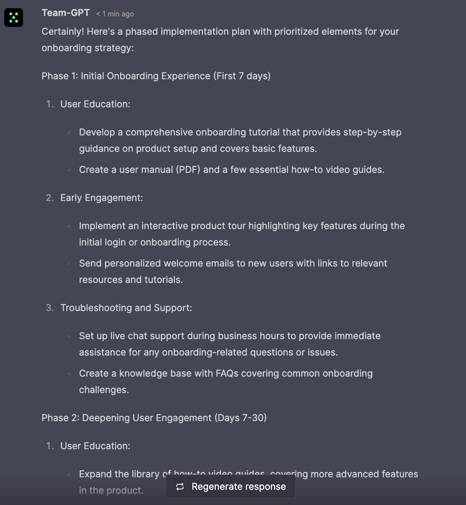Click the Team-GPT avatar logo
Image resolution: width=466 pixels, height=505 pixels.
14,18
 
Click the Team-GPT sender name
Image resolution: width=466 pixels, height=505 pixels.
66,13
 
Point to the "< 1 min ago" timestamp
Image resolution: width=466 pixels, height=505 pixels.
115,14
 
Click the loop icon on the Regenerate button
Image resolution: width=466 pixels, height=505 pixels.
180,487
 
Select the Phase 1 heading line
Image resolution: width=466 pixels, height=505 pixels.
156,76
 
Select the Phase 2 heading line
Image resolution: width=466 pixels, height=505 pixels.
154,418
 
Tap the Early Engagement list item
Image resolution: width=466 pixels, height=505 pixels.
101,198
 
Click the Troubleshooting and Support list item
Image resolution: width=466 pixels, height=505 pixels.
126,308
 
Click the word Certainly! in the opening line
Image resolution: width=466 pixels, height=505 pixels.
62,32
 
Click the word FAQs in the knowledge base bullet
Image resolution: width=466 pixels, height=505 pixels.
227,373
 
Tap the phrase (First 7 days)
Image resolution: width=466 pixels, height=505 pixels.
242,76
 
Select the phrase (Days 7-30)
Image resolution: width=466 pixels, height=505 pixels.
240,418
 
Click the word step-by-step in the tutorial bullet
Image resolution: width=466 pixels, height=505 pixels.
372,132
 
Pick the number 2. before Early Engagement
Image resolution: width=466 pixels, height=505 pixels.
50,198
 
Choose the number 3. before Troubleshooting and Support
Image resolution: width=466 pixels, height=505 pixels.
50,308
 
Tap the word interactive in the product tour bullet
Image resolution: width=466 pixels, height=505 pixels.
168,226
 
